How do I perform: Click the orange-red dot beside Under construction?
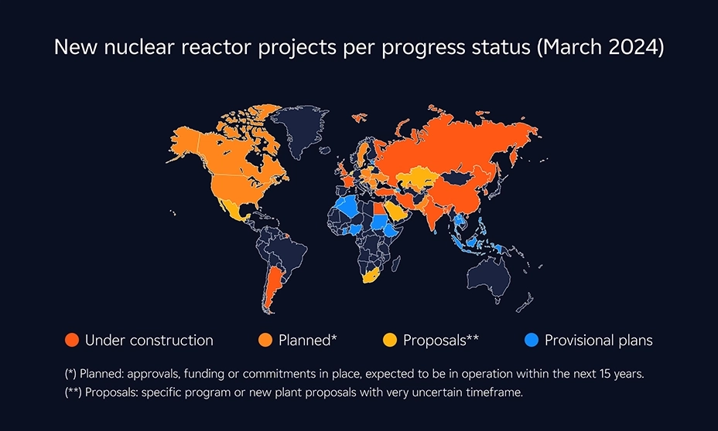point(72,340)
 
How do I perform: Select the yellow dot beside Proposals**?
point(390,340)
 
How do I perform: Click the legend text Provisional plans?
point(598,340)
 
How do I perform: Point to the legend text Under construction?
point(149,340)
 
